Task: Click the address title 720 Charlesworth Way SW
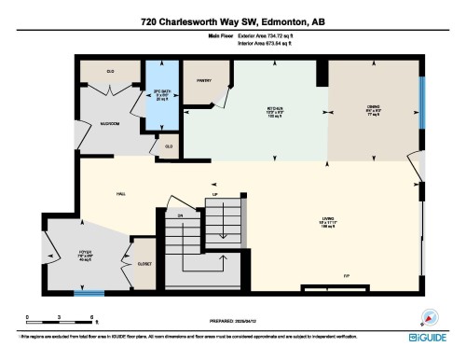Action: tap(233, 20)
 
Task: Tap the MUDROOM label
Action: tap(110, 123)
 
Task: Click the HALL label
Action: tap(120, 194)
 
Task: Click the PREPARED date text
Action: tap(233, 317)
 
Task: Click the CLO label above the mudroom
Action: tap(110, 71)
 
